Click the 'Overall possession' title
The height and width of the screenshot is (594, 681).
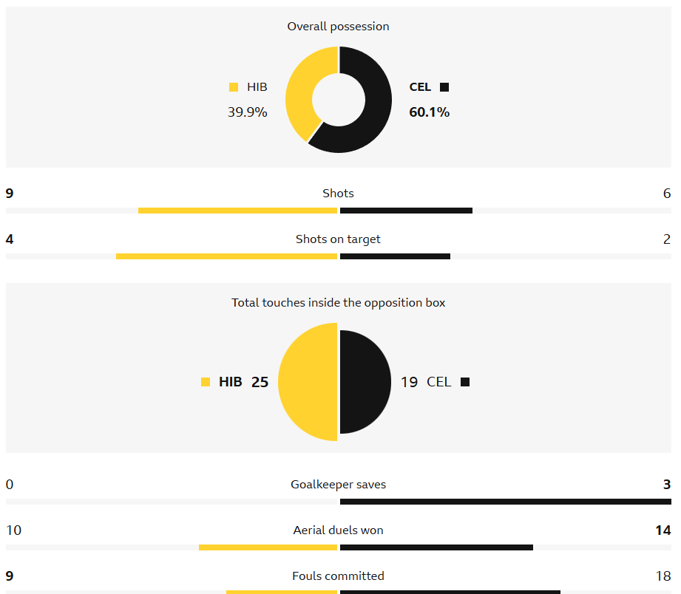pyautogui.click(x=338, y=27)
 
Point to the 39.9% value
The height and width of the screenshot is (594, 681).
pyautogui.click(x=247, y=112)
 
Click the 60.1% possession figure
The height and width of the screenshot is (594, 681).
pyautogui.click(x=429, y=112)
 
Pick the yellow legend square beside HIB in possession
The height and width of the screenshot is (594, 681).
pyautogui.click(x=234, y=87)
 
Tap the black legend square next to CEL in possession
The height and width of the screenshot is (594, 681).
pyautogui.click(x=444, y=87)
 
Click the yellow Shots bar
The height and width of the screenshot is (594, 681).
pyautogui.click(x=237, y=211)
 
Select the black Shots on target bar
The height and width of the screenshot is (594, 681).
pyautogui.click(x=395, y=256)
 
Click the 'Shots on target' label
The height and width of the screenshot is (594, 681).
pyautogui.click(x=338, y=239)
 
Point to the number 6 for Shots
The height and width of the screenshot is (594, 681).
pyautogui.click(x=667, y=194)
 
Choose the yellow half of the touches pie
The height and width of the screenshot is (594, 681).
pyautogui.click(x=307, y=382)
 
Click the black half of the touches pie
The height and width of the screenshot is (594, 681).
pyautogui.click(x=366, y=382)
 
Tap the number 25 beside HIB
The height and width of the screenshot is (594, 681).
pyautogui.click(x=260, y=382)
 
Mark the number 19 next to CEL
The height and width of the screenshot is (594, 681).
pyautogui.click(x=409, y=382)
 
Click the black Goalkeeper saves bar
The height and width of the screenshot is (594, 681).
pyautogui.click(x=505, y=502)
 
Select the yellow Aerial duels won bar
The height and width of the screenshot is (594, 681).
pyautogui.click(x=268, y=547)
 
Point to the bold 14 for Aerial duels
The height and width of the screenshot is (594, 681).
pyautogui.click(x=663, y=530)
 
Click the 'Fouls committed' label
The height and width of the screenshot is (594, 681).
pyautogui.click(x=338, y=576)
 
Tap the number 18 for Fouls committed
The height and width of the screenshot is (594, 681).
pyautogui.click(x=663, y=576)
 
